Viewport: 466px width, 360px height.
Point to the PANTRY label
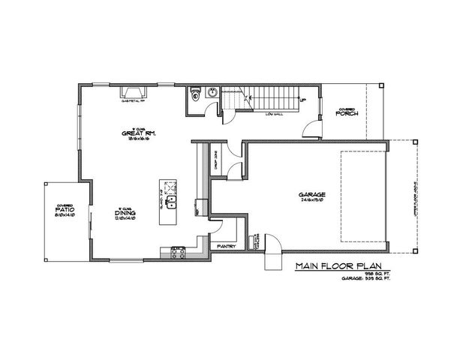point(227,245)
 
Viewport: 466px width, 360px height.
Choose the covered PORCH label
point(347,113)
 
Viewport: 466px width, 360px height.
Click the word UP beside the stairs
point(302,100)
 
